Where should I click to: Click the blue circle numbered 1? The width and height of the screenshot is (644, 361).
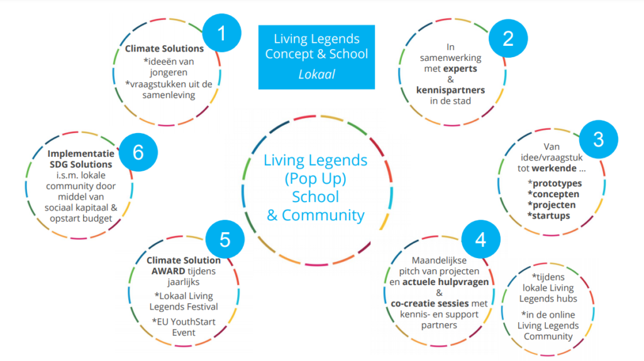click(x=222, y=33)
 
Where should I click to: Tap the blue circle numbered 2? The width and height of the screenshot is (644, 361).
click(x=508, y=38)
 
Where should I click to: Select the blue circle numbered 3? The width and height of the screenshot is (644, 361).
click(x=599, y=139)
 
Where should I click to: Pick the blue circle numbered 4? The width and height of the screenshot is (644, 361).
click(x=480, y=239)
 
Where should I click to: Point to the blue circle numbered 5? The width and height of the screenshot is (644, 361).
click(x=225, y=240)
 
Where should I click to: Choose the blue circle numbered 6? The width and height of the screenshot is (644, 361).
click(x=138, y=152)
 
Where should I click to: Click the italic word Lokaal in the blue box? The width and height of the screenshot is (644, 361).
click(x=316, y=74)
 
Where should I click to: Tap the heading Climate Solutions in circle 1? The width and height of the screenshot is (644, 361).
click(x=164, y=48)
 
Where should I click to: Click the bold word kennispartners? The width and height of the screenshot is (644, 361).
click(x=450, y=90)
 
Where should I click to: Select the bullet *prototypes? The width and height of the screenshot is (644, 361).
click(x=555, y=183)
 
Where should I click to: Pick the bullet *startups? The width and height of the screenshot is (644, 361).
click(x=549, y=216)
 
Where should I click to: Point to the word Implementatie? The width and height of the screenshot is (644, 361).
click(x=81, y=154)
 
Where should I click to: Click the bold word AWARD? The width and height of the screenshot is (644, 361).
click(x=169, y=271)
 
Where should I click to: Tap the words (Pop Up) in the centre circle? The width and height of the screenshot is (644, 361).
click(x=316, y=179)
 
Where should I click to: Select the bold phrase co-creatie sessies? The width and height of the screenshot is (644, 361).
click(x=430, y=304)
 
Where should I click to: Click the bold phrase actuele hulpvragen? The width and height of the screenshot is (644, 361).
click(x=446, y=282)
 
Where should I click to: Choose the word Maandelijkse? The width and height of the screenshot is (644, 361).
click(x=439, y=261)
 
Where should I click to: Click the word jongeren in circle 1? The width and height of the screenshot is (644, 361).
click(x=169, y=73)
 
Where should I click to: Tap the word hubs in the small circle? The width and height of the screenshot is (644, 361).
click(x=567, y=299)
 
